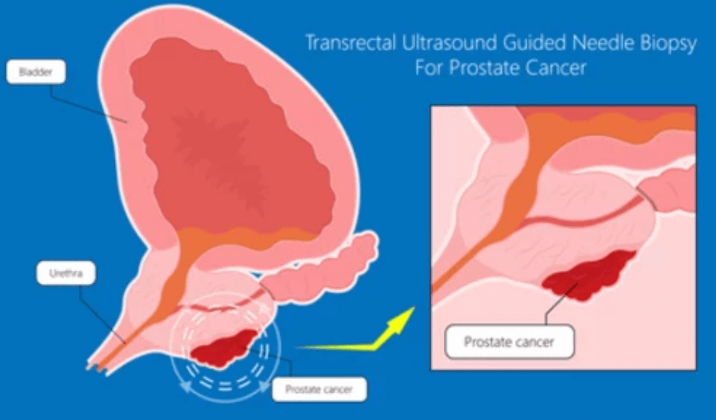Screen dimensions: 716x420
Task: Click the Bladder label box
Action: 36,72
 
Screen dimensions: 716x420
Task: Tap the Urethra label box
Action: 66,273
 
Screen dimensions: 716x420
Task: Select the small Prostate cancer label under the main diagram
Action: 319,389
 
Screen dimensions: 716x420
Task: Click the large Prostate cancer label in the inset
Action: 510,342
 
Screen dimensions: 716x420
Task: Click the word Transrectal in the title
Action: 351,43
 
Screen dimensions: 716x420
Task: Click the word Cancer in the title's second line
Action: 556,68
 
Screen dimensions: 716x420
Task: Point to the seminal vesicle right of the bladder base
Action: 319,271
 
